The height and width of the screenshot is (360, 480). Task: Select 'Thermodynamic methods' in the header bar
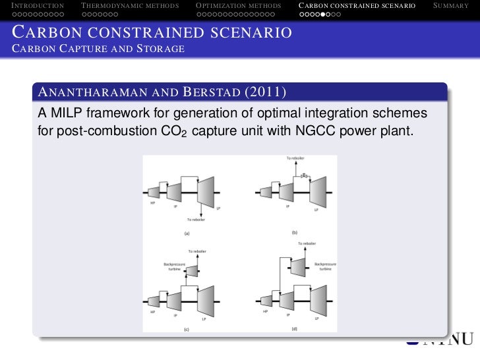130,6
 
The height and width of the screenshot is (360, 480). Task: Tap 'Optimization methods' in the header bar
239,6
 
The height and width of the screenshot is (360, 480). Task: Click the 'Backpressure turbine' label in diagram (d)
325,266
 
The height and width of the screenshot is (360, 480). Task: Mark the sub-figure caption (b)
295,232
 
